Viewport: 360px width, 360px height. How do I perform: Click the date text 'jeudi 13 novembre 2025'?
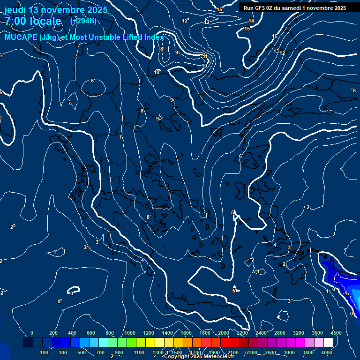coord(56,10)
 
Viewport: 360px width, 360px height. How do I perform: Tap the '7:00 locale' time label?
coord(33,21)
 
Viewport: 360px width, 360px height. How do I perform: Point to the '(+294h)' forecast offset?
coord(83,21)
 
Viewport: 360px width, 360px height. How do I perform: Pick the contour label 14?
coord(251,21)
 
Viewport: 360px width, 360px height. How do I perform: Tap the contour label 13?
coord(276,51)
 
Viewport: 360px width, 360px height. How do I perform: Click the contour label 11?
coord(205,57)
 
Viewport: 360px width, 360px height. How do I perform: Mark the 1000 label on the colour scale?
coord(129,333)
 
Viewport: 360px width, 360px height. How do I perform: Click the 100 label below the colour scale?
coord(44,352)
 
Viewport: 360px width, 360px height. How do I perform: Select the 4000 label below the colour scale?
coord(327,352)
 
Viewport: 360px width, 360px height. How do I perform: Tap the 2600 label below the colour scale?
coord(270,352)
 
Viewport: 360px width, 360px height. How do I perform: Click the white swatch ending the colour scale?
coord(328,343)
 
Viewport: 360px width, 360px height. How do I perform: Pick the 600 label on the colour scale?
coord(90,333)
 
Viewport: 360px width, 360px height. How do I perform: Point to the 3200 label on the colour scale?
coord(299,333)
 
